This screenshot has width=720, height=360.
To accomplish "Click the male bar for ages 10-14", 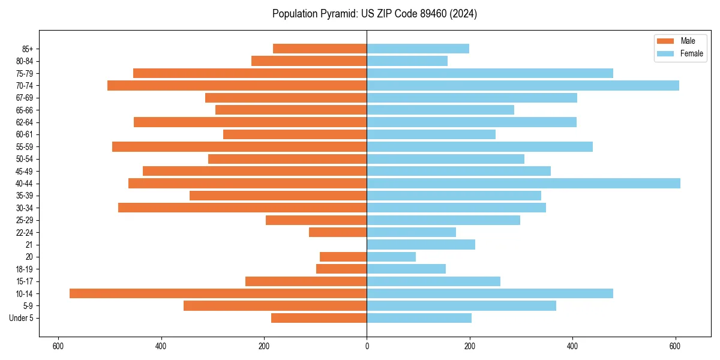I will click(218, 293).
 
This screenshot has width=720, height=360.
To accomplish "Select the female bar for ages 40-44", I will click(523, 183).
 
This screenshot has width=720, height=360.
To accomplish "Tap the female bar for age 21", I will click(421, 244).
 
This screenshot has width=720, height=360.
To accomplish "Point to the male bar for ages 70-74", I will click(237, 85).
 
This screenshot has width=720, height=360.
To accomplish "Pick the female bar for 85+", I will click(418, 49).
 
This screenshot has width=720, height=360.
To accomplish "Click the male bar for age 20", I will click(343, 257).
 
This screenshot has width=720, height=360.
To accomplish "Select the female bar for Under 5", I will click(419, 318).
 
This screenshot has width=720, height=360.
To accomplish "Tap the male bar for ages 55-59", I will click(239, 146).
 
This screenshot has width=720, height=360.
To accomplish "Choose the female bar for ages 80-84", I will click(407, 61).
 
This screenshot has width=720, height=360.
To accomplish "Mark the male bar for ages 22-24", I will click(338, 232).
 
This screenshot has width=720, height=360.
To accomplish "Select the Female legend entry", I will click(679, 53).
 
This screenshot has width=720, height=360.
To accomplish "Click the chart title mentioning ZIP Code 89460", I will click(374, 14).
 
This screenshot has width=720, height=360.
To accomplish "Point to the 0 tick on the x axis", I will click(367, 347).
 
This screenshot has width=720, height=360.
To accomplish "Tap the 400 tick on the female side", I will click(572, 347).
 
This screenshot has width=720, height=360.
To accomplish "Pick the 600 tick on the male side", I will click(58, 347).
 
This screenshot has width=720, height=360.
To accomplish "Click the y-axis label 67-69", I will click(25, 98).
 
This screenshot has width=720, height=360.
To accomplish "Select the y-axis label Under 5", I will click(21, 318).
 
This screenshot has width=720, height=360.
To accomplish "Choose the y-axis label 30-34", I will click(25, 208).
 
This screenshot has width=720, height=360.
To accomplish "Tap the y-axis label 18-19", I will click(25, 269).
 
